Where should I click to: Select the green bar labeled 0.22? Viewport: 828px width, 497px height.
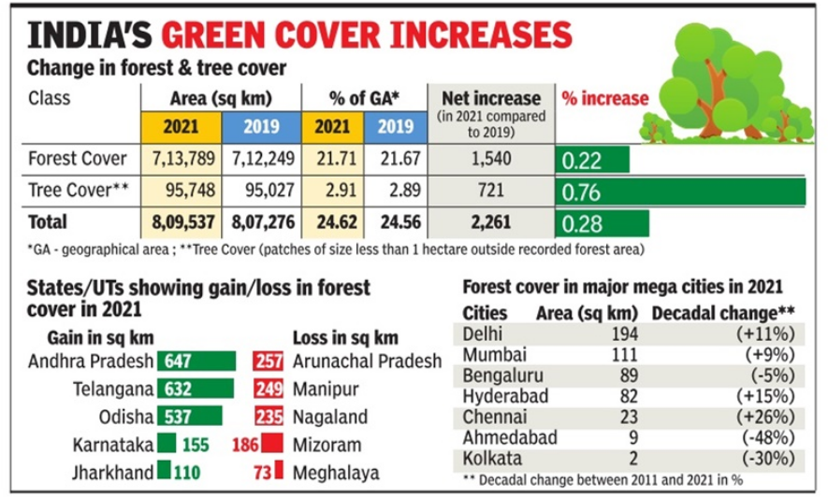point(591,160)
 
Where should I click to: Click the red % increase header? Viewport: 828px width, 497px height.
point(604,98)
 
